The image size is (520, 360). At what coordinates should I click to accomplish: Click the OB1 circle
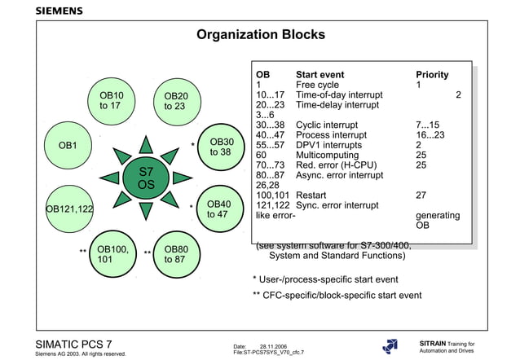coord(68,146)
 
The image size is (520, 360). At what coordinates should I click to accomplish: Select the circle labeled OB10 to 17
coord(112,100)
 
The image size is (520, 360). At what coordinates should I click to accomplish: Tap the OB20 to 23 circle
coord(175,101)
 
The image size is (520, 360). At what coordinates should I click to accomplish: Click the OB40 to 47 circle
coord(220,209)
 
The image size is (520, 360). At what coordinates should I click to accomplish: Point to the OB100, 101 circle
coord(112,254)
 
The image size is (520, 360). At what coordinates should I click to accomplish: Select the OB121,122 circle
coord(68,209)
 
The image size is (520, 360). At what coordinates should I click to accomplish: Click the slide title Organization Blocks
coord(261,35)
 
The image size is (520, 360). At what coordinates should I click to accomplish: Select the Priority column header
coord(432,75)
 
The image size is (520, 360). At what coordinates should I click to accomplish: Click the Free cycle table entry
coord(317,85)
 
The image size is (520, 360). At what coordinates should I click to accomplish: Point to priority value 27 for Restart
coord(421,195)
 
